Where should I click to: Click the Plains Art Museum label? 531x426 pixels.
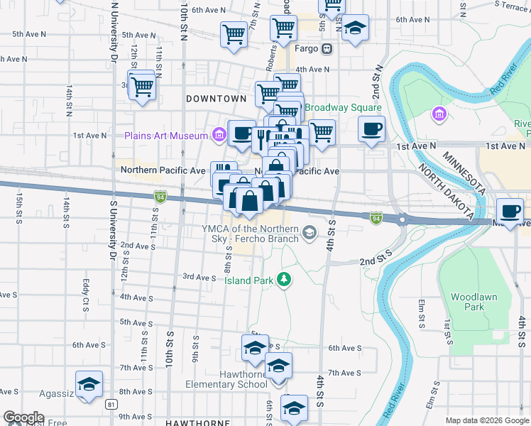click(x=165, y=135)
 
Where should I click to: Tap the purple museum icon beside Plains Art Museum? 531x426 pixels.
click(x=219, y=135)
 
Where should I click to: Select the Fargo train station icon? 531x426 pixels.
click(x=327, y=49)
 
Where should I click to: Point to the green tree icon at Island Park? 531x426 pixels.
click(x=284, y=280)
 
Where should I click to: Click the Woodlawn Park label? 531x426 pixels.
click(x=473, y=302)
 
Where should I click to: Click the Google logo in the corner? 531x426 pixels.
click(x=23, y=418)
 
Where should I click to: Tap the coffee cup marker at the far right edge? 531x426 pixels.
click(x=511, y=210)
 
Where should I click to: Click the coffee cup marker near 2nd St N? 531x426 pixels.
click(x=371, y=129)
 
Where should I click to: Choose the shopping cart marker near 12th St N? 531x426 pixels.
click(x=143, y=86)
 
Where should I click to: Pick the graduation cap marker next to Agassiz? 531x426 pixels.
click(x=89, y=384)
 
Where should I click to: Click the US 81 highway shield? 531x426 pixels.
click(x=111, y=404)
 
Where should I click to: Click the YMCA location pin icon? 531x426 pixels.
click(x=309, y=232)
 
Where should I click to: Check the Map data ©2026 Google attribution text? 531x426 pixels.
click(x=486, y=420)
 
